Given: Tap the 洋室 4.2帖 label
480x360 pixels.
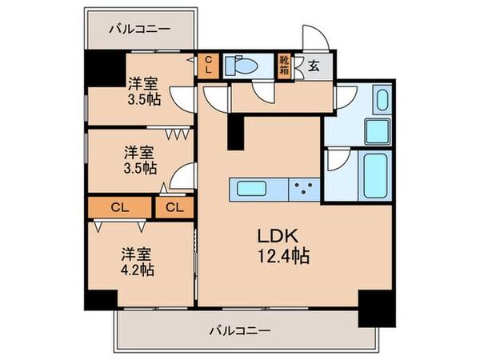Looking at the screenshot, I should pyautogui.click(x=137, y=262).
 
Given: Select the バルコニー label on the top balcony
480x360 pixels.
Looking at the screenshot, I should pyautogui.click(x=140, y=29).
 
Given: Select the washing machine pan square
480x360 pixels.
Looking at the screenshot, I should pyautogui.click(x=375, y=131).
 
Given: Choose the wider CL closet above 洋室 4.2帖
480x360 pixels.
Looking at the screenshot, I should pyautogui.click(x=119, y=208).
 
